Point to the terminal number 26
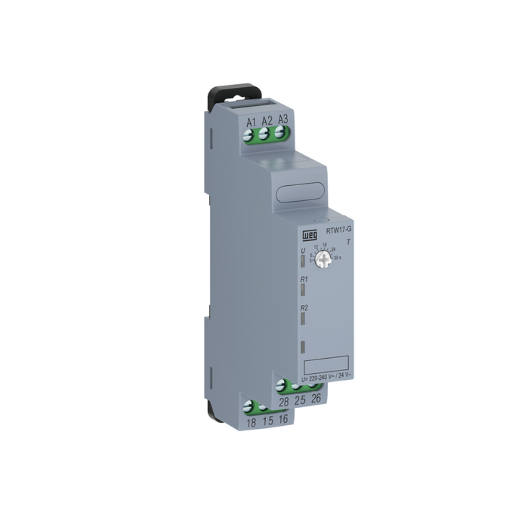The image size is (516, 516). tap(316, 398)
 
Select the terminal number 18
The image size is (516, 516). tap(251, 423)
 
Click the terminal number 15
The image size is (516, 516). tap(268, 422)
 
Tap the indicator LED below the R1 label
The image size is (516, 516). tap(303, 290)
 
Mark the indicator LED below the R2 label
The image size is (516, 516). tap(303, 318)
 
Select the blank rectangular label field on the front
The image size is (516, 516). tap(326, 365)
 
